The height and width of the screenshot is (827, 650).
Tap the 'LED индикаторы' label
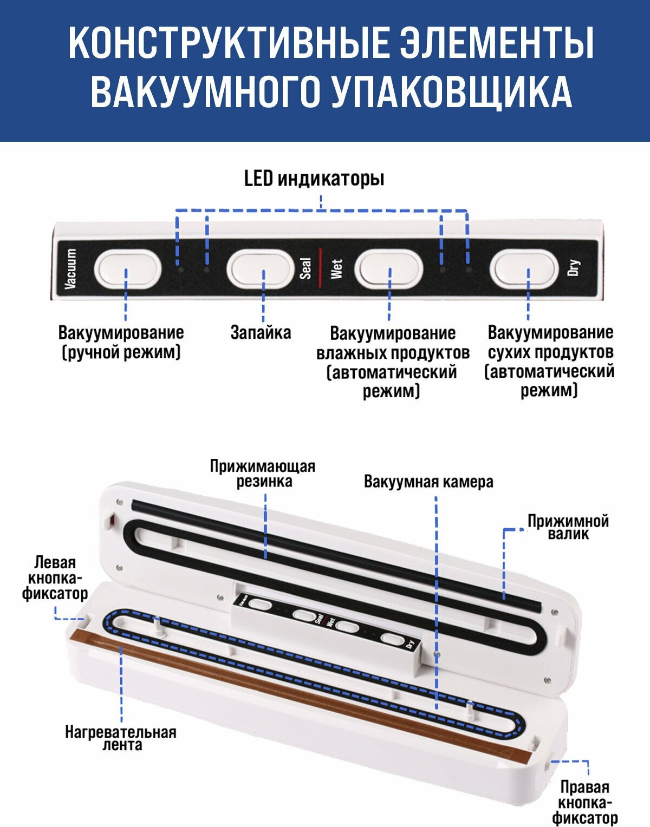point(314,179)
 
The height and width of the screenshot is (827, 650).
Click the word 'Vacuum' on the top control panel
point(71,268)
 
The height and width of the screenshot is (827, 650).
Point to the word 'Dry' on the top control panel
point(574,267)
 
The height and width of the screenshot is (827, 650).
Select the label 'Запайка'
point(261,333)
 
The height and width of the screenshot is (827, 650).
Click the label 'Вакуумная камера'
point(429,482)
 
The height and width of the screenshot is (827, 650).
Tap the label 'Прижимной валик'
point(568,528)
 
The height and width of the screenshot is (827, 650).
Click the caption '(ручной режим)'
point(121,352)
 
